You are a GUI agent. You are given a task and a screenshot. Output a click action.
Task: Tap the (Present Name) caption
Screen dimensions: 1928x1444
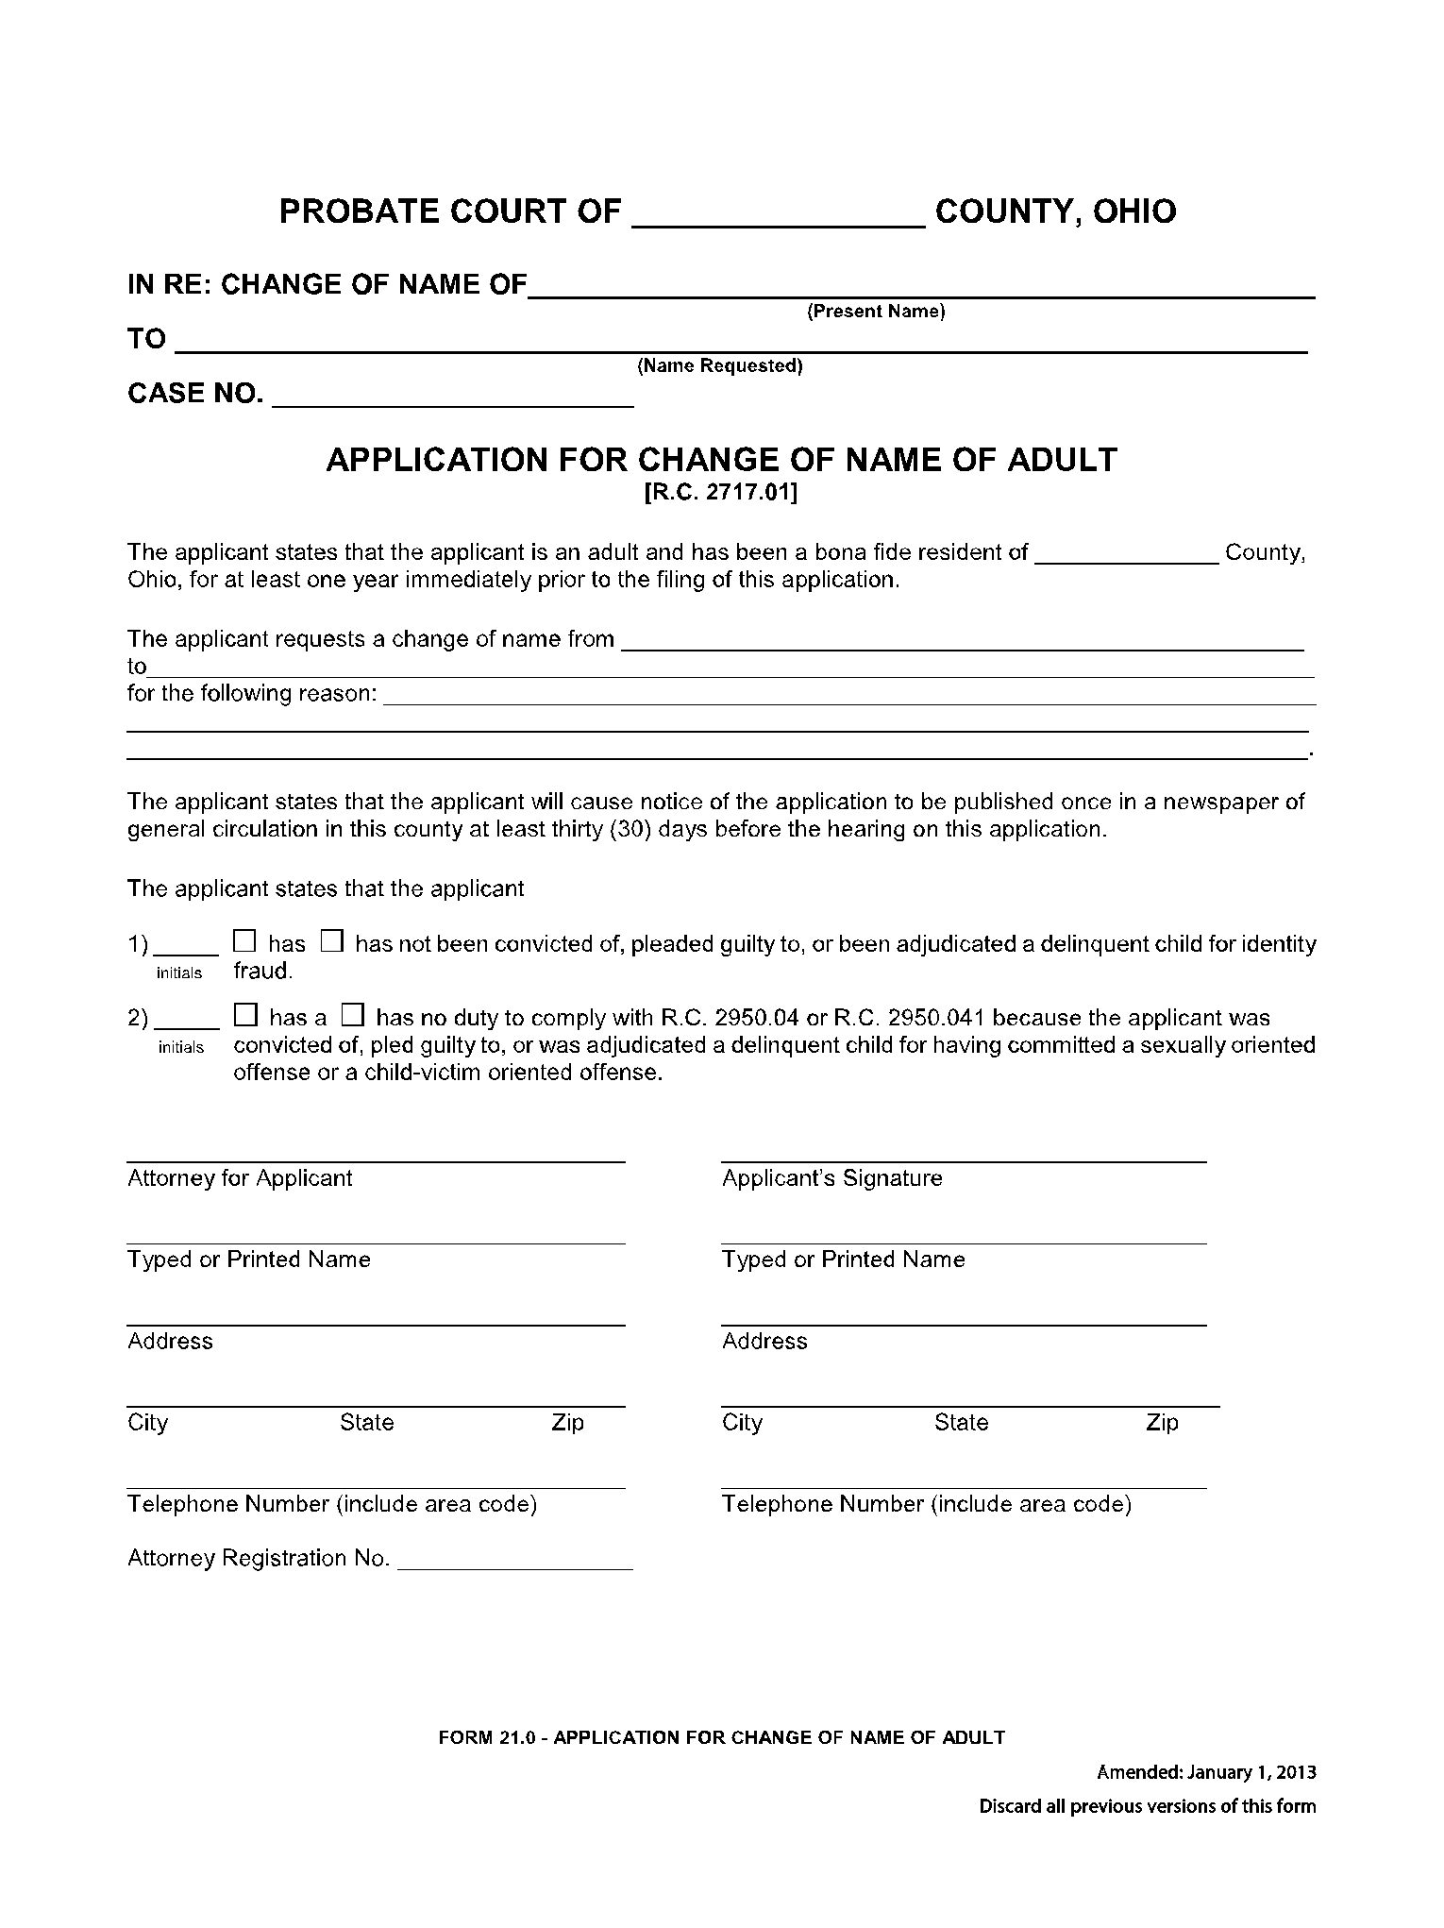pos(875,312)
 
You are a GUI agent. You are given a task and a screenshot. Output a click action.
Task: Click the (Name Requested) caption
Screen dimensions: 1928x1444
pos(719,366)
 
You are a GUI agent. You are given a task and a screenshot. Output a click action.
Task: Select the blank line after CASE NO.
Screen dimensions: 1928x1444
pos(453,400)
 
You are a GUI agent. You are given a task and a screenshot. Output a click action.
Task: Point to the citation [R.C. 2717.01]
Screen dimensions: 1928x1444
pos(720,492)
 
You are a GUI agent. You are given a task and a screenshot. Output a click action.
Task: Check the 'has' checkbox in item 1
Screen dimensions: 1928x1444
pos(244,941)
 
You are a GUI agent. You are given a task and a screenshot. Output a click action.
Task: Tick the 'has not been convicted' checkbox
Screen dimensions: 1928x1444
pos(331,941)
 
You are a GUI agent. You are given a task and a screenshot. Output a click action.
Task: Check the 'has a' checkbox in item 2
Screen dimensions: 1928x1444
pos(245,1015)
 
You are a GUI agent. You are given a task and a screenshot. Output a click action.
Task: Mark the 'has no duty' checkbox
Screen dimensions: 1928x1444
pos(352,1015)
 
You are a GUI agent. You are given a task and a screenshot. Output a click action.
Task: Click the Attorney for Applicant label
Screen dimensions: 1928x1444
pos(240,1178)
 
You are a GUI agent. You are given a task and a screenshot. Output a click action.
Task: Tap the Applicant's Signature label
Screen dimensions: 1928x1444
pos(831,1178)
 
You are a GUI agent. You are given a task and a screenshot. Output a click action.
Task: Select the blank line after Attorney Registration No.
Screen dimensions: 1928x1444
pos(514,1562)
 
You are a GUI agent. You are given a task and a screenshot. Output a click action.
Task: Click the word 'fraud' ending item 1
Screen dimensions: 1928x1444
pos(261,971)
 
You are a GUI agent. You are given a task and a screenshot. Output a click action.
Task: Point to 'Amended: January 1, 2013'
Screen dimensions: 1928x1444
pos(1205,1773)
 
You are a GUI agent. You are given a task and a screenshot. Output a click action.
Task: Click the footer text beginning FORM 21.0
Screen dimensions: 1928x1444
pos(721,1737)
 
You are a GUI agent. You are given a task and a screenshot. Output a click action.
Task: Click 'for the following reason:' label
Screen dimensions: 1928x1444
pos(252,694)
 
